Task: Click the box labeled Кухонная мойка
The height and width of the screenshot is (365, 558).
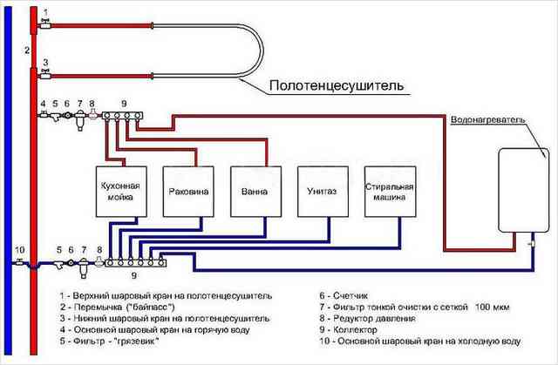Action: [x=121, y=192]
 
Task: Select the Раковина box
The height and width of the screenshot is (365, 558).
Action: [x=188, y=192]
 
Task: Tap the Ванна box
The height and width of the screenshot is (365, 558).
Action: [x=255, y=192]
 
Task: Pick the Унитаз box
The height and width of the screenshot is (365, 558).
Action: [x=323, y=192]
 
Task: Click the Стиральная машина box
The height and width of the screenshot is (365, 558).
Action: [x=390, y=192]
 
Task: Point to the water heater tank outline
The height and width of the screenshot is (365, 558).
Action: [x=499, y=190]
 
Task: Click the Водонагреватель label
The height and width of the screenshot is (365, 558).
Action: [x=488, y=119]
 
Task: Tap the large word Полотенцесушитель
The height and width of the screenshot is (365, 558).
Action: [x=337, y=85]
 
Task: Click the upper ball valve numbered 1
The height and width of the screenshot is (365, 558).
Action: [x=45, y=25]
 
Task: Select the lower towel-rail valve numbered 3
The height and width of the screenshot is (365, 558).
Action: [x=45, y=75]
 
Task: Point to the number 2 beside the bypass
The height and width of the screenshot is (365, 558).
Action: [x=27, y=51]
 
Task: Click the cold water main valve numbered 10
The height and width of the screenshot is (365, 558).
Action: [x=20, y=262]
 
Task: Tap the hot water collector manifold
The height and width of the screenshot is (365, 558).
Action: [x=122, y=116]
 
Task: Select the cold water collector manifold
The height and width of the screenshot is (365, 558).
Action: [x=136, y=263]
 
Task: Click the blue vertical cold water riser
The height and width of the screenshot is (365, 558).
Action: [x=8, y=180]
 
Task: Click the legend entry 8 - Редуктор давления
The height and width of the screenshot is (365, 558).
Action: [x=367, y=318]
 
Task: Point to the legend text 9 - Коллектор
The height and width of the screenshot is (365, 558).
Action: [x=348, y=329]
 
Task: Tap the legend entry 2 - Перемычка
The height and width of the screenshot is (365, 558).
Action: [x=118, y=307]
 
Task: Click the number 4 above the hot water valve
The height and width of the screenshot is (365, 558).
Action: [x=43, y=104]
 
